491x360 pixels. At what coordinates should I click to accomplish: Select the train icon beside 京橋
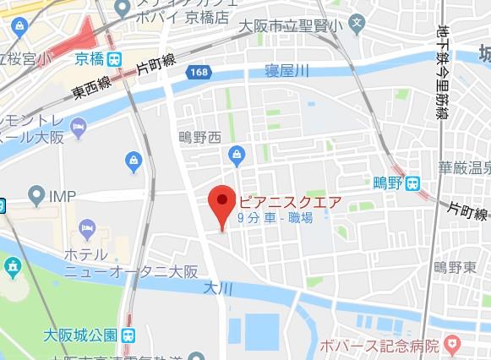pyautogui.click(x=115, y=58)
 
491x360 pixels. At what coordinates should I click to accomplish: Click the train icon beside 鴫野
pyautogui.click(x=412, y=182)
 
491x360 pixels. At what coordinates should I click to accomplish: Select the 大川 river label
pyautogui.click(x=216, y=287)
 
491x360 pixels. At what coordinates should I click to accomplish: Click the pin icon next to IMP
pyautogui.click(x=36, y=197)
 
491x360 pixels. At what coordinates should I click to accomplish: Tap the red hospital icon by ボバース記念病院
pyautogui.click(x=451, y=345)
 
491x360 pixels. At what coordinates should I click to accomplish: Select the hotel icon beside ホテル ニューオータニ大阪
pyautogui.click(x=86, y=228)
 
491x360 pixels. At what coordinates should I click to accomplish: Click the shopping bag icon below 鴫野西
pyautogui.click(x=237, y=155)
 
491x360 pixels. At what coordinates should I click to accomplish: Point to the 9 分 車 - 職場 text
pyautogui.click(x=275, y=219)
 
